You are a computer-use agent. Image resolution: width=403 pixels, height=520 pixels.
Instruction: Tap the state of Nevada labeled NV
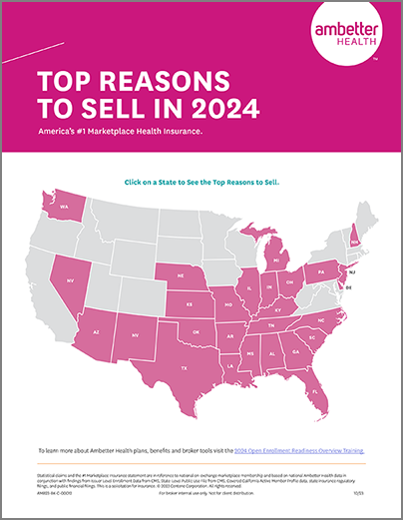(71, 281)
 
